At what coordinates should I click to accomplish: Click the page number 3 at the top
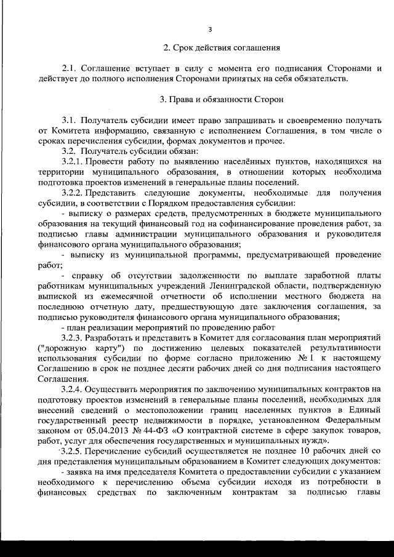(210, 29)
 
